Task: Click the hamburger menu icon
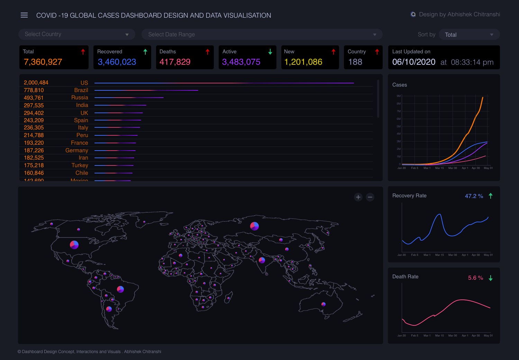(24, 15)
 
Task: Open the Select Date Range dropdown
(262, 35)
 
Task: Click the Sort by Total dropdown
(469, 35)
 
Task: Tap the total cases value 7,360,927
(43, 62)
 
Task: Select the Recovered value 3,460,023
(117, 62)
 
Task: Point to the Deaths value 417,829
(175, 62)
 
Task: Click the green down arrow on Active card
(270, 52)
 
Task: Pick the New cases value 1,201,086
(303, 62)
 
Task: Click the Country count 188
(355, 62)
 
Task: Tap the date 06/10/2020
(414, 62)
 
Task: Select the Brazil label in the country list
(81, 90)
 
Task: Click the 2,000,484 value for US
(36, 83)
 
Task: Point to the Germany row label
(77, 151)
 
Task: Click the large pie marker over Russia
(254, 226)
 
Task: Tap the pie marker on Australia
(324, 304)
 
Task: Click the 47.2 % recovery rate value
(474, 196)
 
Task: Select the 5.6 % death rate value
(475, 278)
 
